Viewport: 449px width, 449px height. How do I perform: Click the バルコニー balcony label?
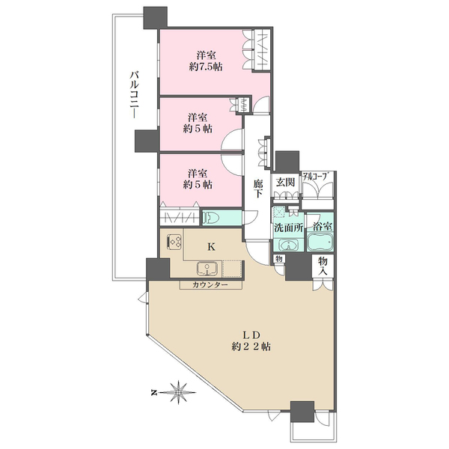(x=134, y=95)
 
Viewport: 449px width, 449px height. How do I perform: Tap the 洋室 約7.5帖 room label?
(x=206, y=61)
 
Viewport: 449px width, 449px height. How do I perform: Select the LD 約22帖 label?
(x=251, y=340)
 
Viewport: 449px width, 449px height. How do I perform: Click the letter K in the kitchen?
(x=211, y=247)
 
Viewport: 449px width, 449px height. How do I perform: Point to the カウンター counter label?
(x=210, y=285)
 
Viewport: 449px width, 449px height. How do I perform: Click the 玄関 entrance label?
(x=285, y=182)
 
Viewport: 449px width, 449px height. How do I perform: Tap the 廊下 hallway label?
(x=257, y=189)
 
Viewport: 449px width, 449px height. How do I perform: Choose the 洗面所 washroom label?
(x=289, y=228)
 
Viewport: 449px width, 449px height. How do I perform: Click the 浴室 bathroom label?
(x=323, y=227)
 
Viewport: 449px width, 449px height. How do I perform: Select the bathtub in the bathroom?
(x=320, y=242)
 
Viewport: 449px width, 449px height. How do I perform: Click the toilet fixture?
(x=211, y=219)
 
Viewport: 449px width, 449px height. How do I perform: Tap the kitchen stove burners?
(x=174, y=241)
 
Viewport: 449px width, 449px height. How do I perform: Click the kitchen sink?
(x=207, y=269)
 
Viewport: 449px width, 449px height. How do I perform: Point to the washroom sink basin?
(x=289, y=245)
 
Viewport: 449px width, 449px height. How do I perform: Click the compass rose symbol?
(x=178, y=392)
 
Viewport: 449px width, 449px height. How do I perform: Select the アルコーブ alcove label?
(x=315, y=176)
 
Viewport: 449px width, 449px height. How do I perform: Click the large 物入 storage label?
(x=323, y=266)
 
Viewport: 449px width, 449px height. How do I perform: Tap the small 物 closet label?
(x=278, y=259)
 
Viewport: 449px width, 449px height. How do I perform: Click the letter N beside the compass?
(x=153, y=392)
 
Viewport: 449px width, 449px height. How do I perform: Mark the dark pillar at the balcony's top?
(x=155, y=18)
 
